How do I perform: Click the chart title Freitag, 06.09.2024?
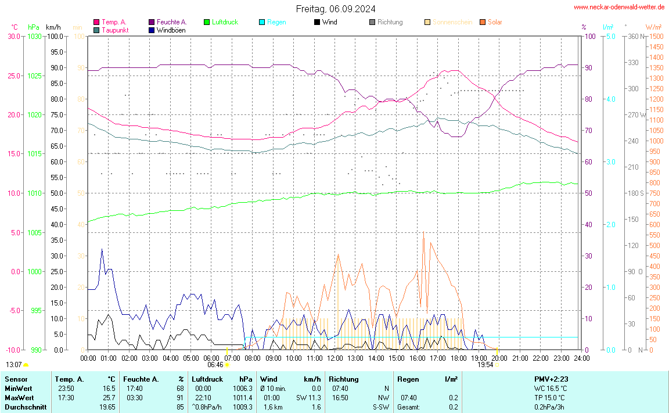(x=335, y=9)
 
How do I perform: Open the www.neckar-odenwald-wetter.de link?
(x=619, y=7)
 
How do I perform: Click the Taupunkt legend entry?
(x=114, y=30)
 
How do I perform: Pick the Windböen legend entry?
(x=171, y=30)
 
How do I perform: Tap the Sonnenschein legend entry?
(x=452, y=22)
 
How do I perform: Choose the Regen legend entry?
(x=276, y=22)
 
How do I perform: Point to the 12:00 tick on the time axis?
(x=334, y=358)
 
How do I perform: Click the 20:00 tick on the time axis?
(x=499, y=358)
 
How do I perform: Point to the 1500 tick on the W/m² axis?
(x=656, y=36)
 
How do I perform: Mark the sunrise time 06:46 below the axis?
(x=215, y=365)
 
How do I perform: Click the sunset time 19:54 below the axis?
(x=485, y=365)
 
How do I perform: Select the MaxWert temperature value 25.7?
(x=109, y=398)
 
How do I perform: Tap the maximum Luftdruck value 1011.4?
(x=243, y=398)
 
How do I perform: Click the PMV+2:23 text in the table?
(x=551, y=379)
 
